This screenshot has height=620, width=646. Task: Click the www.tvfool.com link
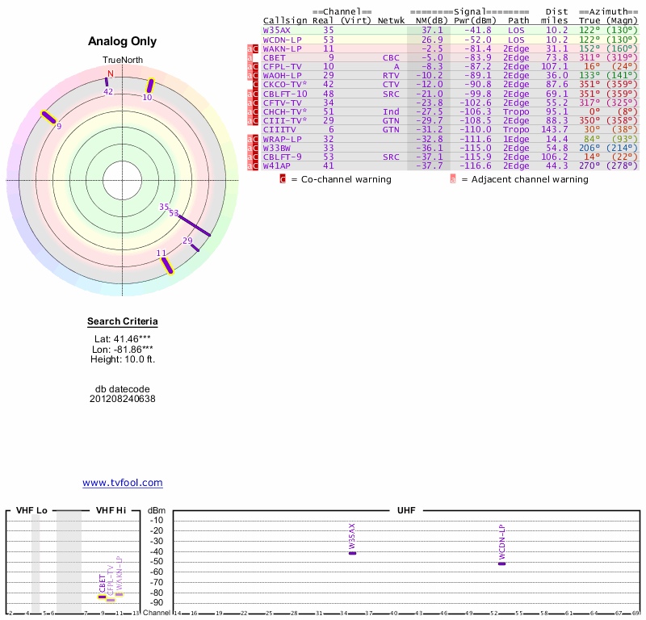(x=122, y=483)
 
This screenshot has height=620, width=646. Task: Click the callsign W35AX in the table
(x=276, y=30)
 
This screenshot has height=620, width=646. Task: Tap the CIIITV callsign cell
(x=279, y=129)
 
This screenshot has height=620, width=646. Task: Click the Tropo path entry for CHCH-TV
(x=518, y=111)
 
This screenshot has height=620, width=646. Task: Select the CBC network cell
(x=390, y=57)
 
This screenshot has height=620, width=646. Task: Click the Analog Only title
(x=122, y=42)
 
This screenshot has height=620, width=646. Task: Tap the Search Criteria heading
(x=122, y=322)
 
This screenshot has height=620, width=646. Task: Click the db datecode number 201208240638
(x=122, y=399)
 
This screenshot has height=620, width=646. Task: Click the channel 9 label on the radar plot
(x=58, y=126)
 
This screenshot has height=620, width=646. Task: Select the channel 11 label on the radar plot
(x=161, y=253)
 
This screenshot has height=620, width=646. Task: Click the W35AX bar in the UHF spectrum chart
(x=352, y=553)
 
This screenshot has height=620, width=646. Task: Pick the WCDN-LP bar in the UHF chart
(x=501, y=563)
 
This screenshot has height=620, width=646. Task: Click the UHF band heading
(x=405, y=511)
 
